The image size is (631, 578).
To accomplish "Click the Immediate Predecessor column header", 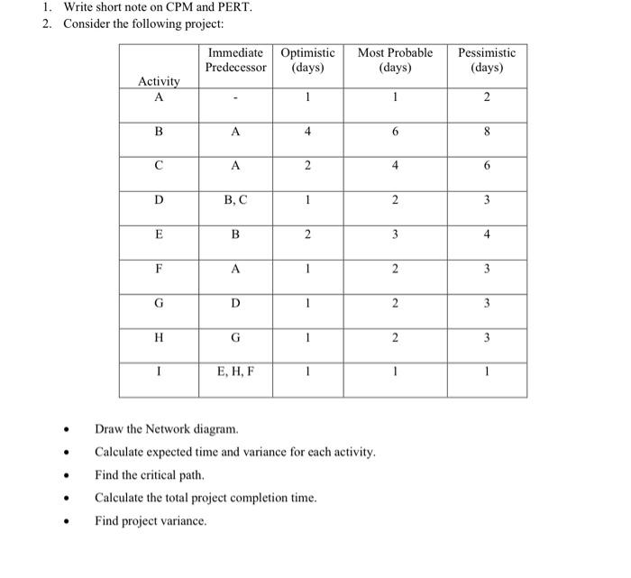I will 235,60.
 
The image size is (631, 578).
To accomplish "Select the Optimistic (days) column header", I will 308,60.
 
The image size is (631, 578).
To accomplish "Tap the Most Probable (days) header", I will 395,60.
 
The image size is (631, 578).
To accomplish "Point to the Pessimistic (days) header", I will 487,60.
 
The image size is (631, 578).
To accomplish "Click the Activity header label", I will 159,82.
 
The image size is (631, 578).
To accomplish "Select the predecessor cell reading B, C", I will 235,200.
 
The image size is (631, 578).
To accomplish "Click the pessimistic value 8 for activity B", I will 487,132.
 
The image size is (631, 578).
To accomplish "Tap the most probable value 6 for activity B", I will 395,132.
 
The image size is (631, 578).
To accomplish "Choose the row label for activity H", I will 159,337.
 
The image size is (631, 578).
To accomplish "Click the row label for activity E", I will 159,234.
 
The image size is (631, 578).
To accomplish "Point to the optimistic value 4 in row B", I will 308,132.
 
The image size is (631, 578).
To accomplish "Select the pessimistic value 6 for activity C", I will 487,166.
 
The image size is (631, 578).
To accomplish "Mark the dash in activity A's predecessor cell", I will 235,98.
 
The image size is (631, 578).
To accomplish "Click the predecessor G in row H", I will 235,337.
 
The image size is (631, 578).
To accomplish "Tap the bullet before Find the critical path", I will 66,475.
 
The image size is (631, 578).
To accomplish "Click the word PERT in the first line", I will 234,8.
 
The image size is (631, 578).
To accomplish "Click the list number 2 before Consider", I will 47,23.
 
